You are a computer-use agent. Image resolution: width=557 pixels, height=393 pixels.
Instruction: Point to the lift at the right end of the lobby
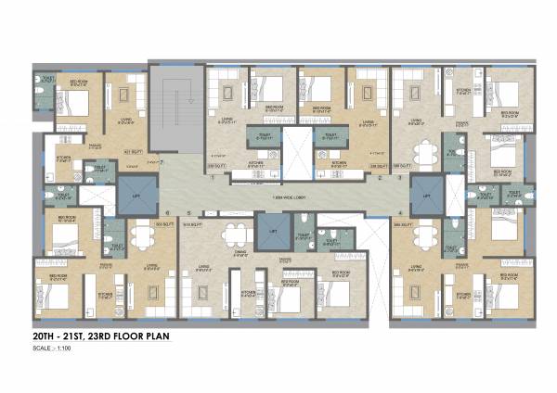coord(426,196)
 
